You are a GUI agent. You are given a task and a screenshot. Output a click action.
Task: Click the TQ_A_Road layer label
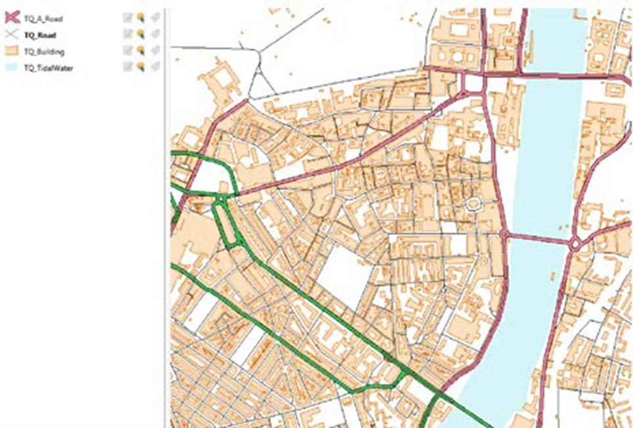[x=43, y=19]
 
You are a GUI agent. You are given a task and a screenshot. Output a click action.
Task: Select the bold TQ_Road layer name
[x=39, y=35]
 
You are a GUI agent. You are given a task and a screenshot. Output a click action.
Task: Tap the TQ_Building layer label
[x=44, y=52]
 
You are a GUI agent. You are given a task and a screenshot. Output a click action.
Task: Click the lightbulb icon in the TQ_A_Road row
[x=140, y=18]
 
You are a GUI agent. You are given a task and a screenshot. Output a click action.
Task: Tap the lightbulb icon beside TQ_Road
[x=140, y=34]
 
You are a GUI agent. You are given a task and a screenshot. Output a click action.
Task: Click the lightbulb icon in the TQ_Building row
[x=140, y=50]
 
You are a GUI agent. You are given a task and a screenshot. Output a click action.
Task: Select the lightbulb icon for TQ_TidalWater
[x=140, y=66]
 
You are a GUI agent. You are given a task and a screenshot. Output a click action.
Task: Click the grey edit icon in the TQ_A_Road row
[x=127, y=18]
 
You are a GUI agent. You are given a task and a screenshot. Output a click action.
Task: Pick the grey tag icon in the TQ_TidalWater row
[x=155, y=66]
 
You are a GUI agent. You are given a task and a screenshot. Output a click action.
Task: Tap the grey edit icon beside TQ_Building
[x=127, y=50]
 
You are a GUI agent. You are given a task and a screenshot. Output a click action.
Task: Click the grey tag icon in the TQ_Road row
[x=155, y=34]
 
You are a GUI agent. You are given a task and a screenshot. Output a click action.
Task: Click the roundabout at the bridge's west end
[x=504, y=233]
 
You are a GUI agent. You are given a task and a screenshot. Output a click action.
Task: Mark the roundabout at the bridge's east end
[x=575, y=245]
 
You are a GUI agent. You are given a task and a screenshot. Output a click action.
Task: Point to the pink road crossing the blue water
[x=538, y=239]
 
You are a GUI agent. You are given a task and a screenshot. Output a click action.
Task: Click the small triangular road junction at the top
[x=262, y=85]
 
